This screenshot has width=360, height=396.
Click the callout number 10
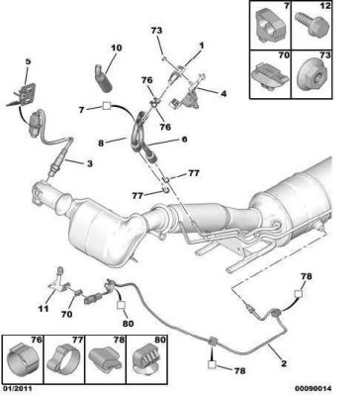tap(116, 48)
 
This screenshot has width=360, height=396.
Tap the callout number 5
tap(28, 61)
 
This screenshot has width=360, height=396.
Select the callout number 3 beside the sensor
tap(90, 163)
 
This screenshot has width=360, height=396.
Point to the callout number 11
tap(44, 309)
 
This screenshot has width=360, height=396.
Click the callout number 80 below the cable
tap(128, 324)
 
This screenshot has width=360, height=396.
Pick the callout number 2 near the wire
tap(284, 363)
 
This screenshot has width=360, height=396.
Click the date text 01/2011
tap(17, 389)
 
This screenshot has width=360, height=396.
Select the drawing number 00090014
tap(314, 389)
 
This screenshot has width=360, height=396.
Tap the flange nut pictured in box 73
tap(313, 76)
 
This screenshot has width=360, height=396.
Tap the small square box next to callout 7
tap(106, 106)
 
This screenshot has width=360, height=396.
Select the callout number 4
tap(224, 94)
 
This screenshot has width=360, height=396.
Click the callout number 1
tap(201, 46)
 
